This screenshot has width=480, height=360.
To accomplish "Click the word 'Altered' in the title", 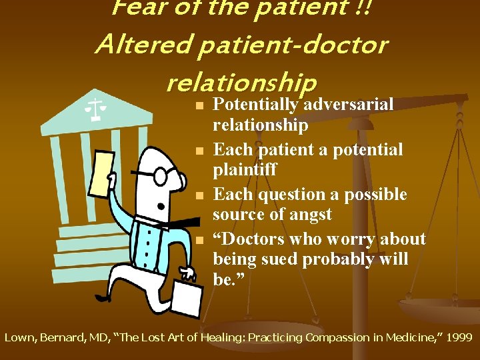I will click(x=137, y=45).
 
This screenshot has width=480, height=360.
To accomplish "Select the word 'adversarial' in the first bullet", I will click(x=349, y=105).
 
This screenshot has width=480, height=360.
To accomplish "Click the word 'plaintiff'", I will click(x=245, y=170).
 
